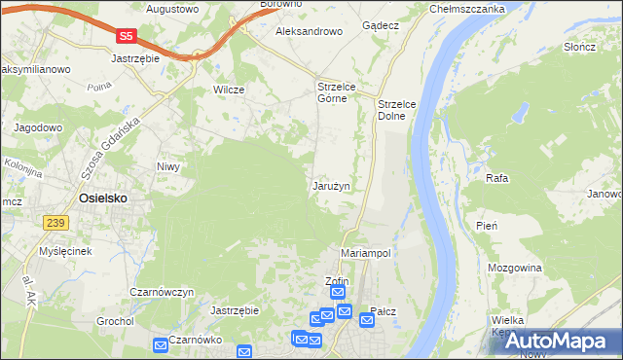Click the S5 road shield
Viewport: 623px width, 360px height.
pyautogui.click(x=126, y=36)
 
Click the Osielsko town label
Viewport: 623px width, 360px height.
pyautogui.click(x=103, y=198)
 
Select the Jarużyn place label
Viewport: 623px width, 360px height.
pyautogui.click(x=331, y=185)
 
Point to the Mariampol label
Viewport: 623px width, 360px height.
pyautogui.click(x=366, y=253)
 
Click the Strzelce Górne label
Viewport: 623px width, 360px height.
pyautogui.click(x=339, y=92)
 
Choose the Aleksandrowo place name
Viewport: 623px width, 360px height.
pyautogui.click(x=310, y=31)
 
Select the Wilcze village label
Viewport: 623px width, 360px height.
pyautogui.click(x=228, y=90)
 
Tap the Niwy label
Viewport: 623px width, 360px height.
pyautogui.click(x=169, y=166)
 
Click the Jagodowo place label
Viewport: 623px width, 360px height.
pyautogui.click(x=38, y=127)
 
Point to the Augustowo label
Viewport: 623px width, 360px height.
pyautogui.click(x=172, y=9)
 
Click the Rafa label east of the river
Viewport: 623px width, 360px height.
pyautogui.click(x=497, y=179)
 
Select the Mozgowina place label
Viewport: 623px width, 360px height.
pyautogui.click(x=515, y=265)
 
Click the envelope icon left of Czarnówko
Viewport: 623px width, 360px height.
pyautogui.click(x=160, y=343)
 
